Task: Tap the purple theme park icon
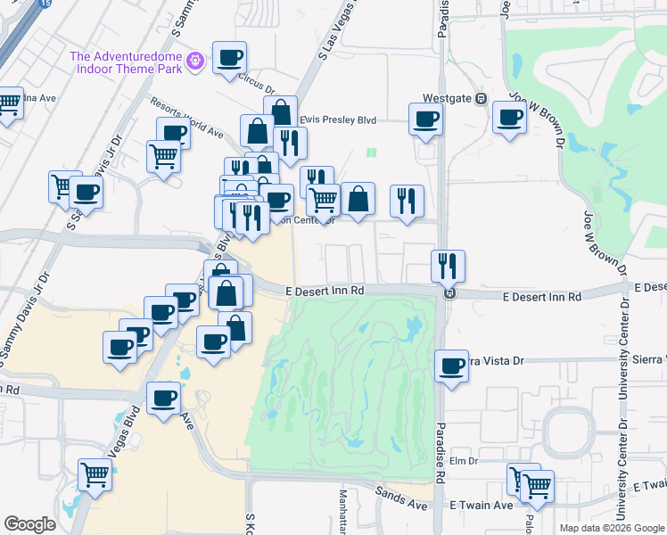(x=196, y=62)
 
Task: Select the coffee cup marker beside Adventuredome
(x=229, y=59)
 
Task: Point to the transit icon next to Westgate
(x=481, y=98)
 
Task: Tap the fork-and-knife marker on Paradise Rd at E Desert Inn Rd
(x=448, y=266)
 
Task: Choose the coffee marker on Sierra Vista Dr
(x=452, y=366)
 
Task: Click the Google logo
(x=29, y=524)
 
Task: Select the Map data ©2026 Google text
(x=611, y=527)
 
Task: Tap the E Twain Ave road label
(x=486, y=505)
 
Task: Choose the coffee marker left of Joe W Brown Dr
(x=510, y=119)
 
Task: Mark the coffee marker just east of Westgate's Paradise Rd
(x=425, y=119)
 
